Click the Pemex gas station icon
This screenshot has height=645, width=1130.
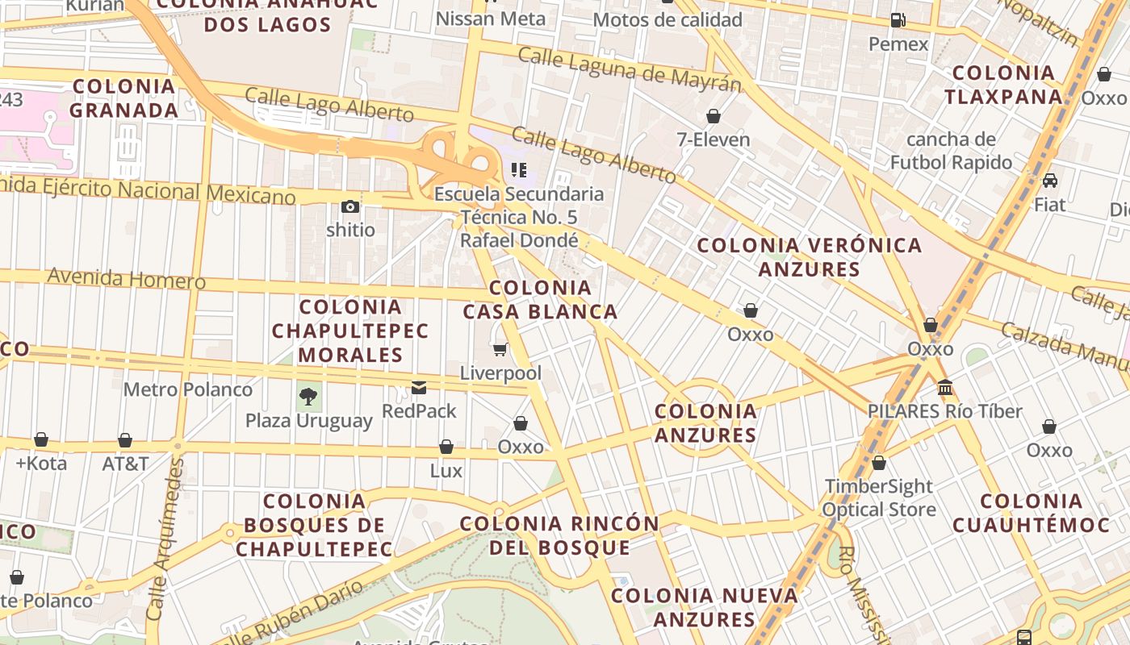pyautogui.click(x=898, y=20)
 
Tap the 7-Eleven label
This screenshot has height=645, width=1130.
pyautogui.click(x=713, y=139)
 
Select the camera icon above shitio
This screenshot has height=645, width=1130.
pyautogui.click(x=349, y=206)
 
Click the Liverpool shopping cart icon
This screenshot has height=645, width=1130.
pyautogui.click(x=500, y=350)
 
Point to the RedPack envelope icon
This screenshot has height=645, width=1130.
pyautogui.click(x=419, y=388)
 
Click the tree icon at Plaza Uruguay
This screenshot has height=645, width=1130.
pyautogui.click(x=308, y=396)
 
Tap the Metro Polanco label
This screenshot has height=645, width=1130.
pyautogui.click(x=187, y=389)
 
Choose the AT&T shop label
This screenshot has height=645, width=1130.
pyautogui.click(x=125, y=464)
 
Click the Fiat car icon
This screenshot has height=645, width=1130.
pyautogui.click(x=1049, y=181)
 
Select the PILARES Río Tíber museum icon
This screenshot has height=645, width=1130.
pyautogui.click(x=945, y=388)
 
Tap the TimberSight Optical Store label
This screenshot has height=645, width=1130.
pyautogui.click(x=878, y=497)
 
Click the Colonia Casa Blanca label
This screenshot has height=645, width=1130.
pyautogui.click(x=540, y=299)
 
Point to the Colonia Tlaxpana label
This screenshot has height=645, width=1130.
pyautogui.click(x=1003, y=85)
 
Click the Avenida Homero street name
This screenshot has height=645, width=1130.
pyautogui.click(x=126, y=278)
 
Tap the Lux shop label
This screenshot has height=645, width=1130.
pyautogui.click(x=446, y=470)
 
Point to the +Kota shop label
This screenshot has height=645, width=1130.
pyautogui.click(x=41, y=464)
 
